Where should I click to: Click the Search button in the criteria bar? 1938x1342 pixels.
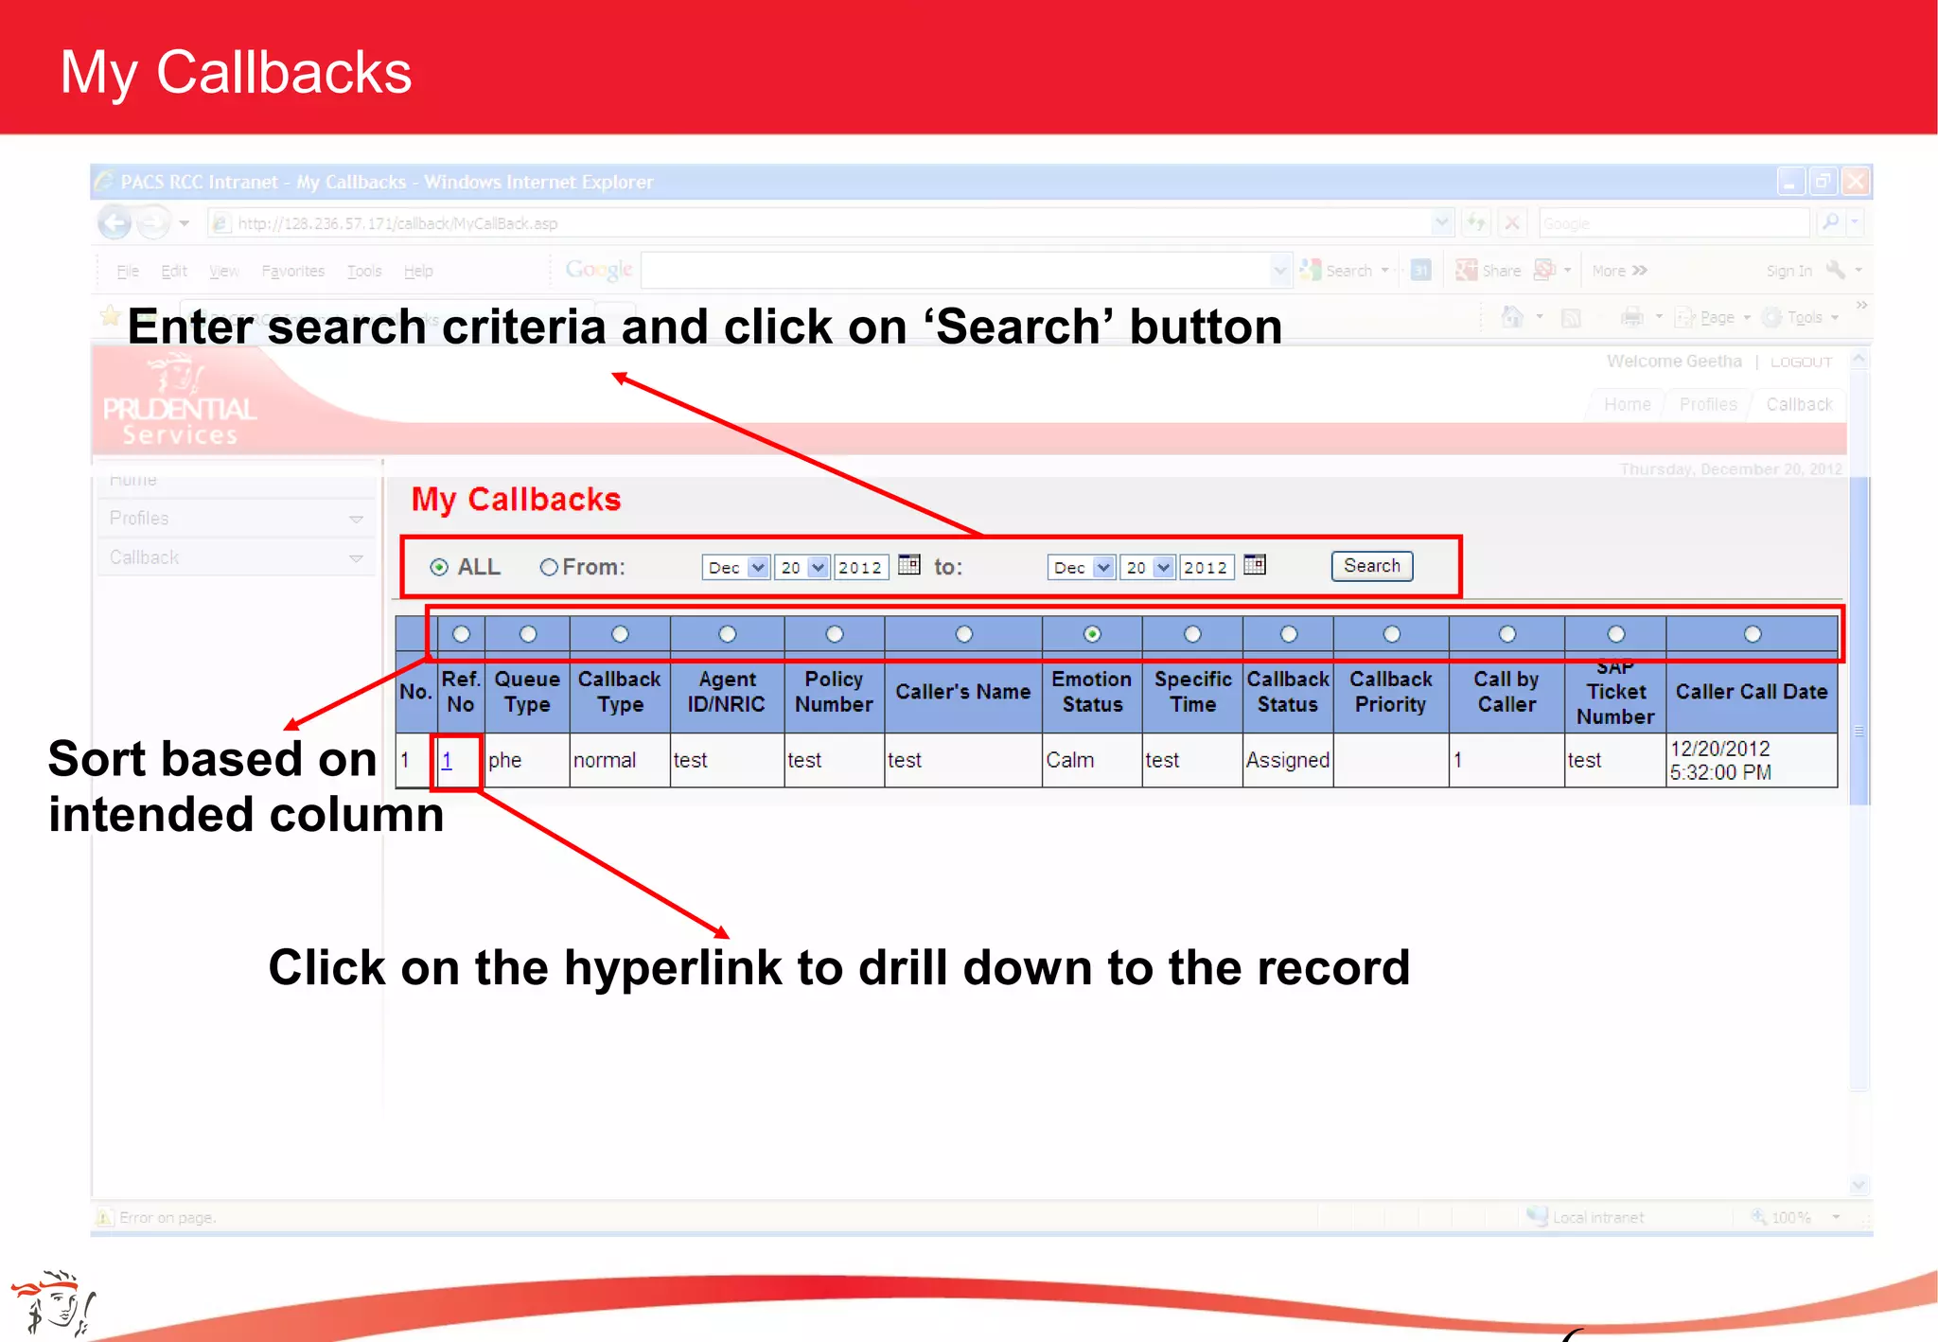tap(1371, 566)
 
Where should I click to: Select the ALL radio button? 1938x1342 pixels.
tap(439, 567)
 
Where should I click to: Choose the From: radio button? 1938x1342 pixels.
tap(549, 567)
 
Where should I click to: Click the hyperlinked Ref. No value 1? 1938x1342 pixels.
tap(447, 760)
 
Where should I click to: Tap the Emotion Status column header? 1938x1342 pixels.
tap(1091, 692)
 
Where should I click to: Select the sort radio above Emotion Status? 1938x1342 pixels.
tap(1092, 634)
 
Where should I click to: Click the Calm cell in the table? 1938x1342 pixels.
tap(1070, 760)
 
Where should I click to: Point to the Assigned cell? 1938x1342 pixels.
tap(1287, 760)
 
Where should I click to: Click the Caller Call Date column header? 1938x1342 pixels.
tap(1751, 692)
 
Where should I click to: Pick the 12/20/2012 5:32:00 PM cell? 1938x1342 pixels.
tap(1720, 760)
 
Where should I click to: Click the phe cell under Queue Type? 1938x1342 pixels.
tap(505, 760)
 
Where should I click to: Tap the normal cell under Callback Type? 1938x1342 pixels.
tap(605, 760)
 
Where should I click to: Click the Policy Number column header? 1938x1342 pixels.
tap(834, 692)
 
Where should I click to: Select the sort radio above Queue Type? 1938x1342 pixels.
tap(528, 634)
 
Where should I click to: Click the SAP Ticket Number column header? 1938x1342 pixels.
tap(1615, 692)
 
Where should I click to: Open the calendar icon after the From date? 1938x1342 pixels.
tap(908, 565)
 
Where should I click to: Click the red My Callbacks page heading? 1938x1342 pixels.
tap(516, 499)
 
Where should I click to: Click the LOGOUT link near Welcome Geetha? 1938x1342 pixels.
tap(1801, 362)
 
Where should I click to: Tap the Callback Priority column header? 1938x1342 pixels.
tap(1390, 692)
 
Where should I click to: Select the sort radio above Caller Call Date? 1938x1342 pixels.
tap(1753, 634)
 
